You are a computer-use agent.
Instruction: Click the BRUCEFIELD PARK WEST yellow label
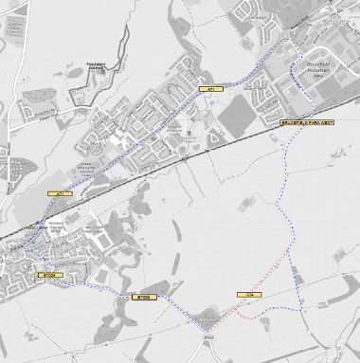pyautogui.click(x=308, y=123)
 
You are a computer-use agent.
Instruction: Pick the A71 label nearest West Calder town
pyautogui.click(x=59, y=194)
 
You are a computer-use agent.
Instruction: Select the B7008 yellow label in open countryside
pyautogui.click(x=143, y=297)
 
